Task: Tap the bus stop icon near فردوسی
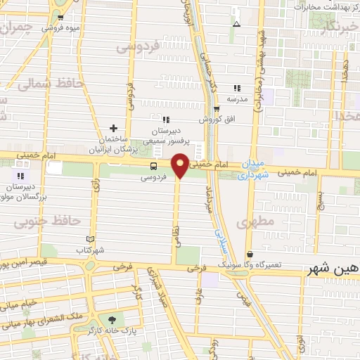(x=153, y=166)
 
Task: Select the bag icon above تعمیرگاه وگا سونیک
(x=250, y=254)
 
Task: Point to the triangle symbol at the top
(x=237, y=23)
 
